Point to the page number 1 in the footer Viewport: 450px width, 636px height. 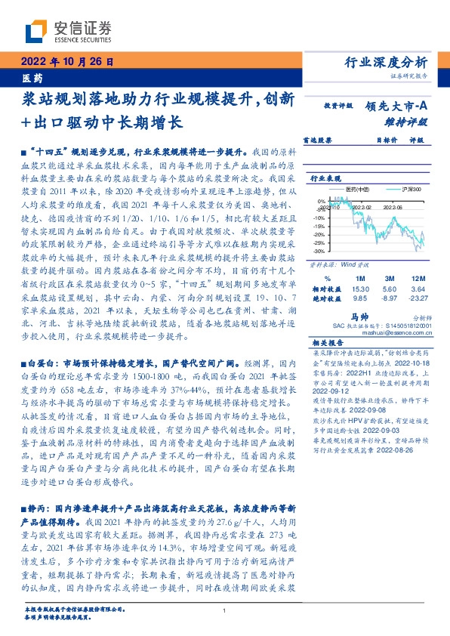point(226,611)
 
